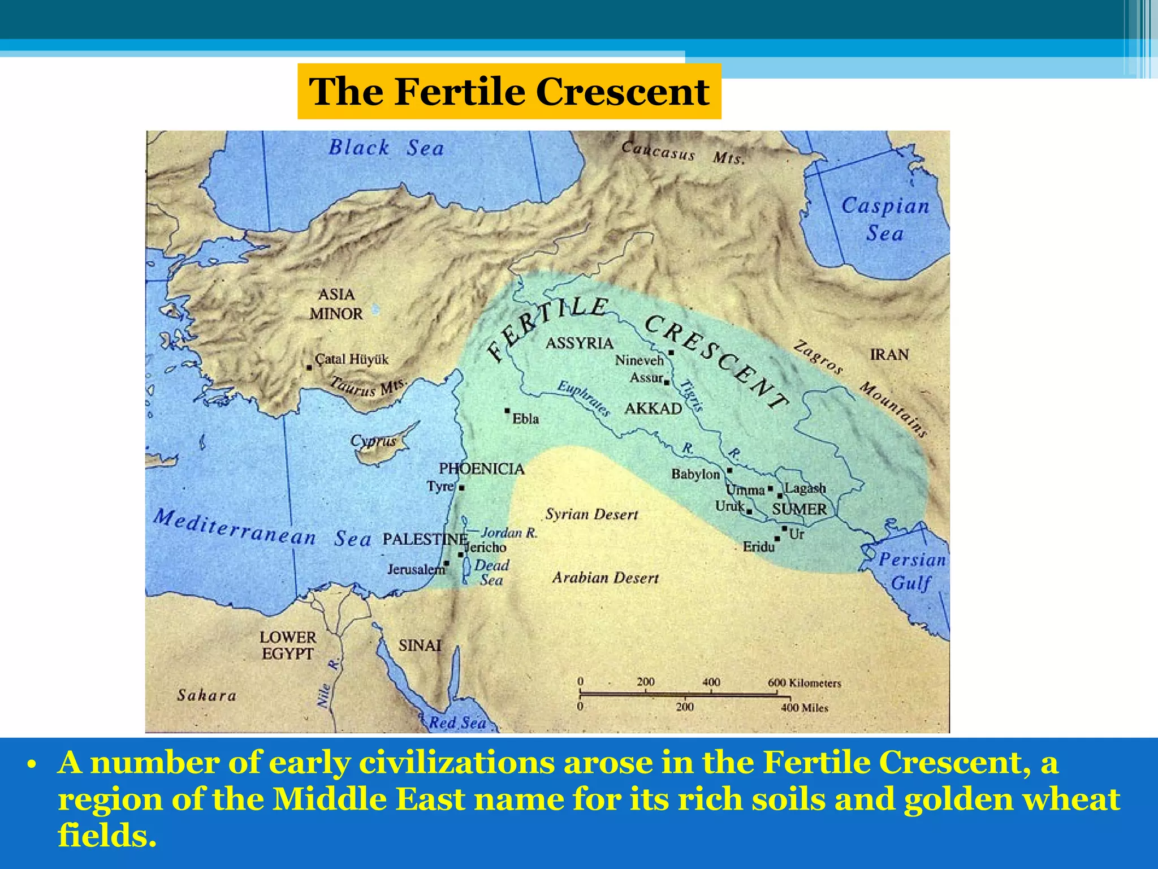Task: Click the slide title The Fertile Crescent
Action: (509, 92)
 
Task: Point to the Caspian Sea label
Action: (885, 220)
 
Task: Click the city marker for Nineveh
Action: (671, 352)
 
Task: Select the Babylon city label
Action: (695, 474)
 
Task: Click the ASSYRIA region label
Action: (579, 343)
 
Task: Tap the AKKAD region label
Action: (653, 408)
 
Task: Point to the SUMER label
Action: (799, 509)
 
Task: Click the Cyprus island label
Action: (373, 441)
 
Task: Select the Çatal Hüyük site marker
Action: (309, 368)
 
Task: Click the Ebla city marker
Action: (507, 410)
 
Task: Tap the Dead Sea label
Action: (491, 572)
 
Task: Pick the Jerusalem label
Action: (416, 569)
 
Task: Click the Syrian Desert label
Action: (591, 514)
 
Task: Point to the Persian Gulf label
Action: (911, 571)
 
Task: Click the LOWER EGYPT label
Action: (288, 646)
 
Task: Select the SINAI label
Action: (420, 646)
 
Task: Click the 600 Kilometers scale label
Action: (804, 683)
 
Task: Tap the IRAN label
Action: (889, 355)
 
